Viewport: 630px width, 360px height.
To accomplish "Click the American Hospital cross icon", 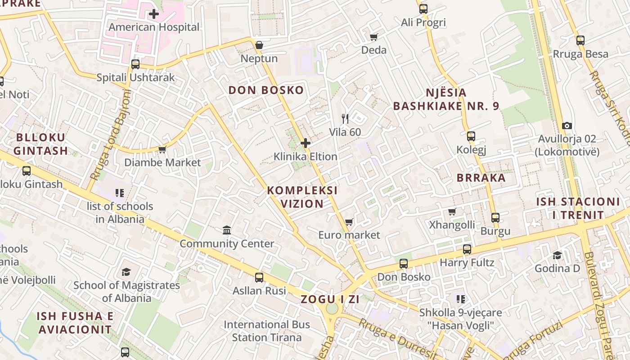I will click(154, 14).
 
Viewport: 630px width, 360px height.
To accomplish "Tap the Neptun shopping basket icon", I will click(259, 45).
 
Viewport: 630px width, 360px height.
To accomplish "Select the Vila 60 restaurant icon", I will click(345, 119).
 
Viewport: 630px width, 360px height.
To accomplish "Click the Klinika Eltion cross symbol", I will click(306, 144).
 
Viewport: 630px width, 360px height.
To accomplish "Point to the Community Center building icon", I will click(227, 230).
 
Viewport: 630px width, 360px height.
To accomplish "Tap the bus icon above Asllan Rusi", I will click(259, 277).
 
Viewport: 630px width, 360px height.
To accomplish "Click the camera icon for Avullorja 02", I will click(567, 126).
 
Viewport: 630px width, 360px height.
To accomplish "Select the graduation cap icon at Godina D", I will click(558, 255).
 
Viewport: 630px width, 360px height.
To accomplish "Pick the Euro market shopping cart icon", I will click(349, 222).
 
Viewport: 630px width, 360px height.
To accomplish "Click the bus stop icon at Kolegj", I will click(471, 136).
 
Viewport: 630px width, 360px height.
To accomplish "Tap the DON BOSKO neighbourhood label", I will click(266, 90).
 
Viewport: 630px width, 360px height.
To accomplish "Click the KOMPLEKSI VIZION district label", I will click(302, 197).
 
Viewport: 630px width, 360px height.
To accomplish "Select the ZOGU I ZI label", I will click(330, 299).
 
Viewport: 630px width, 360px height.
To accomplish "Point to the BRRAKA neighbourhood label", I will click(481, 178).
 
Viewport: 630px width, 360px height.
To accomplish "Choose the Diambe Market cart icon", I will click(162, 149).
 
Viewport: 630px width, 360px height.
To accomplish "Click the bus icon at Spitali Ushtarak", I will click(135, 64).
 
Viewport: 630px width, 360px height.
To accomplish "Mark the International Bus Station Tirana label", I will click(267, 331).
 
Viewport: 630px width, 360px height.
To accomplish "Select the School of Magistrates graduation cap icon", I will click(126, 272).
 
